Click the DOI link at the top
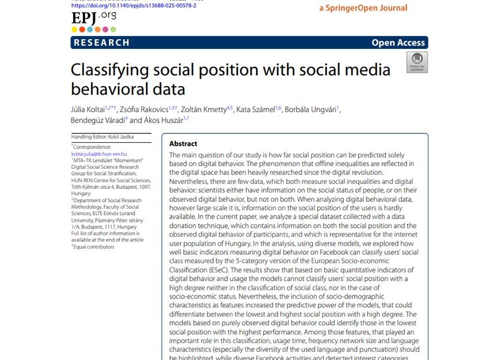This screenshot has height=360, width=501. click(133, 6)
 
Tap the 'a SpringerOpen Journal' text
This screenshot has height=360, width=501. click(363, 8)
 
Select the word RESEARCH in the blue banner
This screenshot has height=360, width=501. click(101, 43)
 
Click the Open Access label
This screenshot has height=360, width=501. click(398, 43)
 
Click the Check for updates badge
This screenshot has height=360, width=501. click(417, 62)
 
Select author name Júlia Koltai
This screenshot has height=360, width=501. click(87, 109)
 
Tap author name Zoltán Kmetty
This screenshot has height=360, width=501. click(203, 109)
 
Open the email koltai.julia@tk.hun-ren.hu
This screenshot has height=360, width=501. click(99, 154)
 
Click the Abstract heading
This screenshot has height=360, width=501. click(183, 144)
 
